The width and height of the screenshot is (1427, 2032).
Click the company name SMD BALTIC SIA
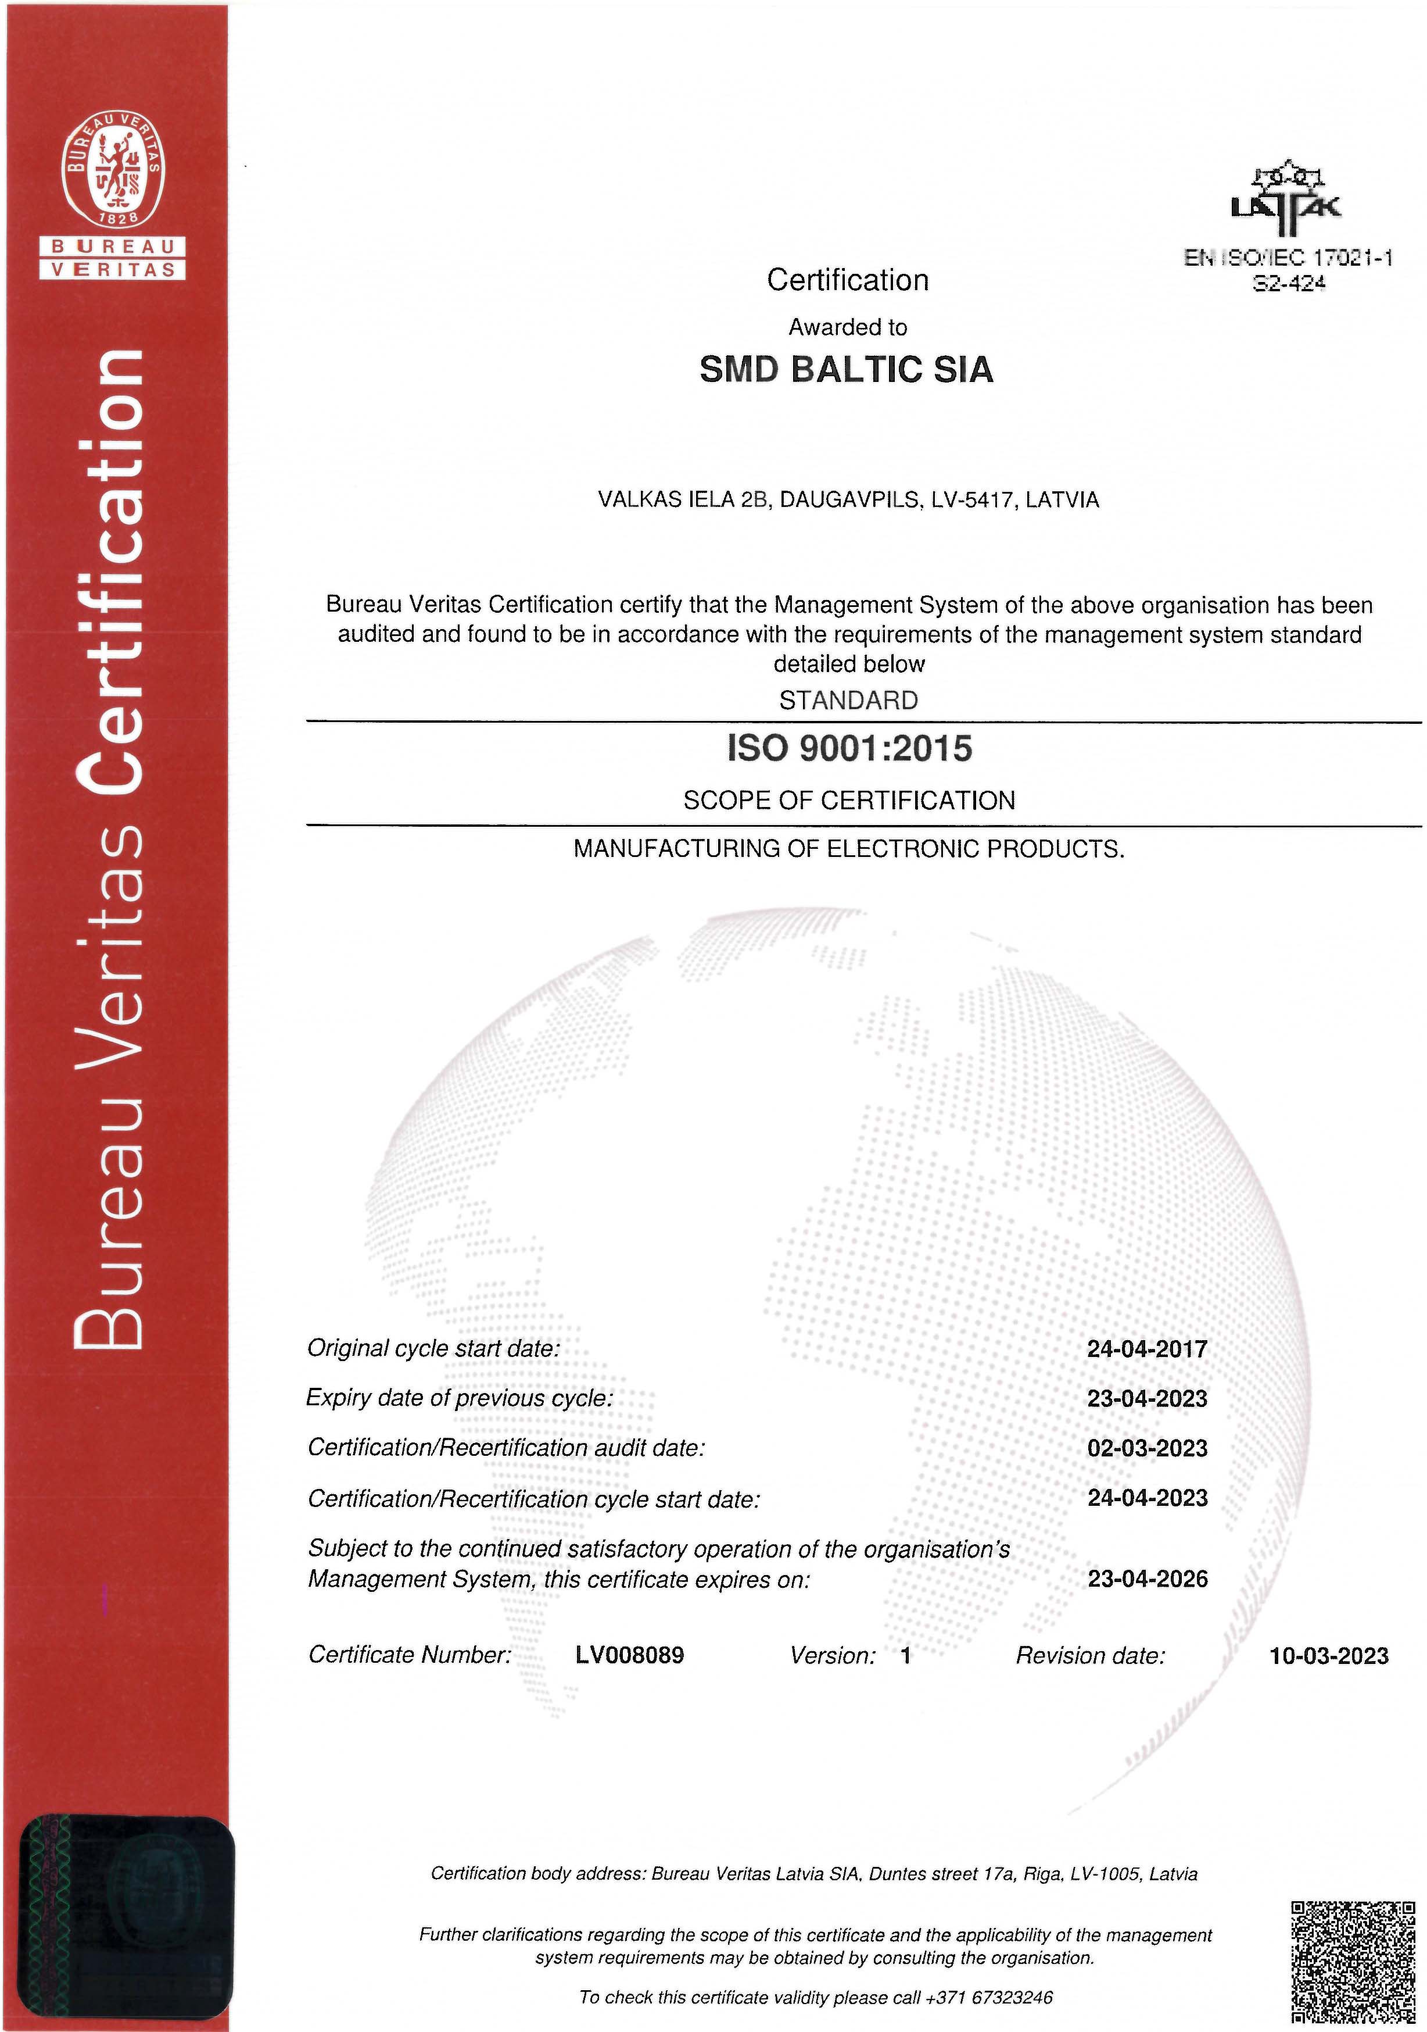tap(846, 370)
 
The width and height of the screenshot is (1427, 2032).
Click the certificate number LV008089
tap(629, 1655)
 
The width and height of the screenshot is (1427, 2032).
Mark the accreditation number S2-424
tap(1289, 283)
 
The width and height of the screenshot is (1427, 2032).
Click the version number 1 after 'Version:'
tap(905, 1656)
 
